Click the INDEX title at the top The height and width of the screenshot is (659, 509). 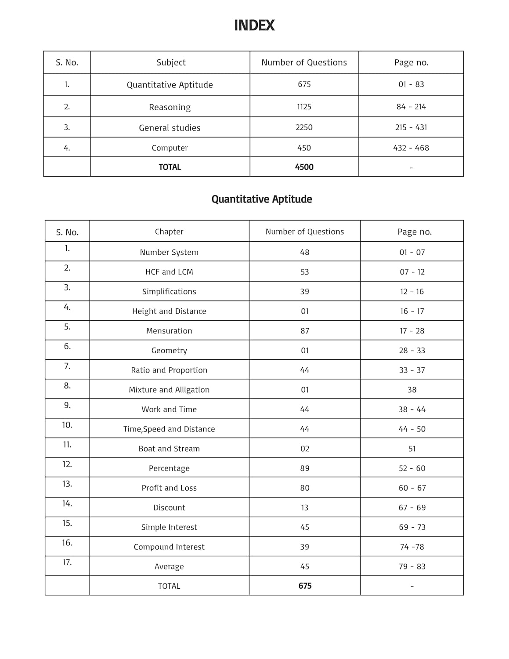pyautogui.click(x=254, y=25)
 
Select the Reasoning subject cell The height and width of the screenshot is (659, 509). pyautogui.click(x=170, y=107)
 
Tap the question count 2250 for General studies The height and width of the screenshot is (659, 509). pyautogui.click(x=304, y=127)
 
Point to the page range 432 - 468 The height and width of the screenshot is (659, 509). pyautogui.click(x=411, y=148)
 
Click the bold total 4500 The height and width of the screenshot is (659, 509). pyautogui.click(x=304, y=167)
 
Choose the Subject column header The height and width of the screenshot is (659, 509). pyautogui.click(x=171, y=62)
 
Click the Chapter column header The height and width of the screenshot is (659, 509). pyautogui.click(x=169, y=232)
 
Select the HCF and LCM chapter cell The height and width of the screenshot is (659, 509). pyautogui.click(x=169, y=272)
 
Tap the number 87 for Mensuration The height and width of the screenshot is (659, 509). pyautogui.click(x=305, y=331)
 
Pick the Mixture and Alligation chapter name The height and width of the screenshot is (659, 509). pyautogui.click(x=169, y=390)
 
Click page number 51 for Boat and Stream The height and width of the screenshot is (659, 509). pyautogui.click(x=412, y=449)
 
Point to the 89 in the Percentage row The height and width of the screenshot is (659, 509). pyautogui.click(x=305, y=468)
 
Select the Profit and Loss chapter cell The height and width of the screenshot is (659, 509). pyautogui.click(x=169, y=488)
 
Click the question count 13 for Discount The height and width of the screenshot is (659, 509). pyautogui.click(x=305, y=507)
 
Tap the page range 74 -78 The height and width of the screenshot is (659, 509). pyautogui.click(x=412, y=547)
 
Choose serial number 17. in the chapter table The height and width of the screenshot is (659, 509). pyautogui.click(x=67, y=562)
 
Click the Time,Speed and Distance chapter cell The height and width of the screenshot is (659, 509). pyautogui.click(x=169, y=429)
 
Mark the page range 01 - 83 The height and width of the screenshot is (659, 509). pyautogui.click(x=411, y=84)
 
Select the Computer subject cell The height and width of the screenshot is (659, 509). pyautogui.click(x=170, y=148)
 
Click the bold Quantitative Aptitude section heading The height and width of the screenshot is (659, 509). pyautogui.click(x=262, y=199)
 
